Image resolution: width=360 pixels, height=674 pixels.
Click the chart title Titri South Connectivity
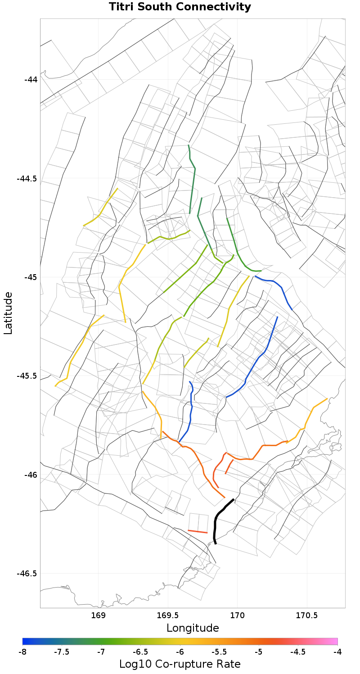point(180,7)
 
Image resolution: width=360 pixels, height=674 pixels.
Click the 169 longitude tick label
point(98,615)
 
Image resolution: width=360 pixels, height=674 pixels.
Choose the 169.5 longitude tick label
point(168,615)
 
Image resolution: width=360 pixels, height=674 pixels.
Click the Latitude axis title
point(8,313)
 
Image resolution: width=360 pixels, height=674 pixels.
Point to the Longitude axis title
point(193,628)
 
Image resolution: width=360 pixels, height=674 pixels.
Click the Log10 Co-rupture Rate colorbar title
point(180,664)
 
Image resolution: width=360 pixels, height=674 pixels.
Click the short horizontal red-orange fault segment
point(198,532)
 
